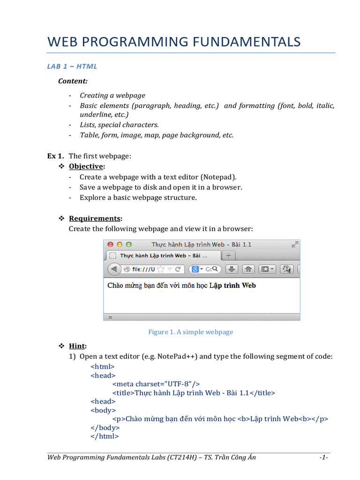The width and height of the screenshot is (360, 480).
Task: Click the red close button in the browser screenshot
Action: tap(111, 245)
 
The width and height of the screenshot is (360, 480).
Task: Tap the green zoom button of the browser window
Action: tap(128, 245)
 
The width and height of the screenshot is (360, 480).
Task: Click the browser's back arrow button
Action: tap(114, 269)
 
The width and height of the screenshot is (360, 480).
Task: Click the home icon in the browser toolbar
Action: tap(248, 269)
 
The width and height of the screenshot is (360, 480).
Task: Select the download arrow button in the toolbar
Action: tap(232, 269)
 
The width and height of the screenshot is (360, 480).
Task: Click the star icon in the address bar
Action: tap(161, 269)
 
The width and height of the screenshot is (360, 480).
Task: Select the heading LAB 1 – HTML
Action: tap(72, 66)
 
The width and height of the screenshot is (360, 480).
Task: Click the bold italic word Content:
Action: tap(73, 81)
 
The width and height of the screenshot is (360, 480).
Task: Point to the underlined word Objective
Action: tap(86, 166)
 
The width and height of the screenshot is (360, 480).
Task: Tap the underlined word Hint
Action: tap(77, 346)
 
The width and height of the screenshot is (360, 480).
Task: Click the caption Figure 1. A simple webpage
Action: tap(191, 332)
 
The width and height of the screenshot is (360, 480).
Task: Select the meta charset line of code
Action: tap(156, 384)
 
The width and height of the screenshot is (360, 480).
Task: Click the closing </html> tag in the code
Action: tap(105, 436)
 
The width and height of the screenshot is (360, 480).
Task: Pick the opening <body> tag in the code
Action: tap(103, 410)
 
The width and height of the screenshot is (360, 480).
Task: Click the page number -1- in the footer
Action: tap(323, 457)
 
